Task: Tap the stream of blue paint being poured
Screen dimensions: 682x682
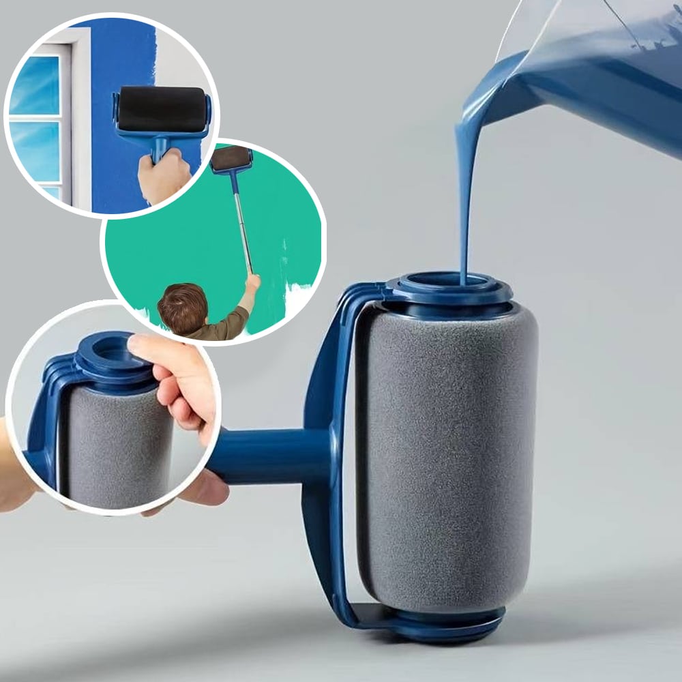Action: tap(465, 205)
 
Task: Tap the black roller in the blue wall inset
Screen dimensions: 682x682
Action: tap(162, 109)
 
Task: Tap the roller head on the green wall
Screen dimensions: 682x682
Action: tap(231, 159)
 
